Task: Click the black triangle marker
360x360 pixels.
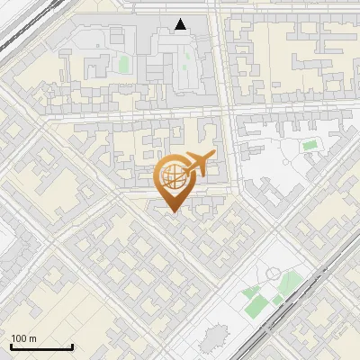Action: click(x=182, y=24)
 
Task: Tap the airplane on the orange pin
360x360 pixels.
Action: click(x=197, y=165)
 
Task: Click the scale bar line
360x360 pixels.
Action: click(x=41, y=347)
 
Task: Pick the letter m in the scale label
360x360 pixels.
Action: click(x=32, y=338)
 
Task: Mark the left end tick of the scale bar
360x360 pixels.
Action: click(x=11, y=346)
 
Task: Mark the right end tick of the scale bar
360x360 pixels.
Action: click(x=72, y=346)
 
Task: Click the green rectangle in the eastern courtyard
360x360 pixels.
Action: click(x=310, y=145)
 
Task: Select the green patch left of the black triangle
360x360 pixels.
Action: click(x=123, y=64)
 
